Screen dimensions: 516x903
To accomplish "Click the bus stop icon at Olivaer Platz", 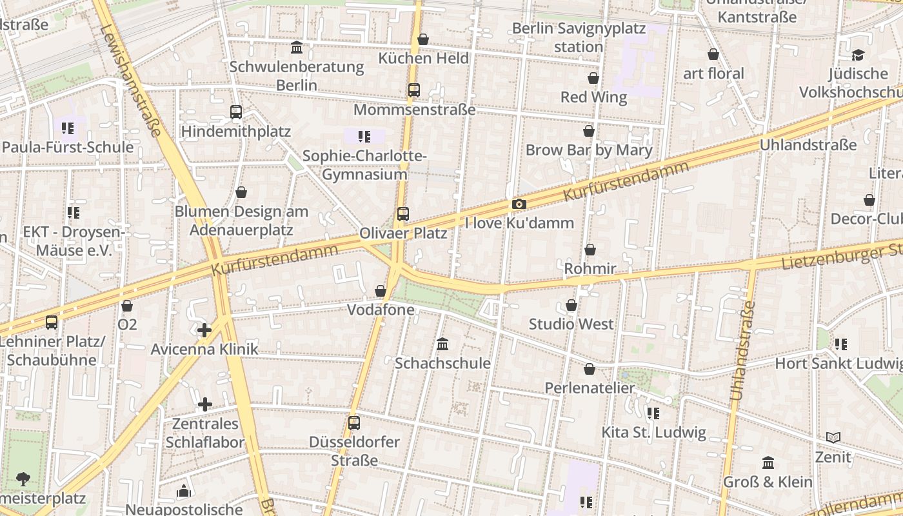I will click(403, 213).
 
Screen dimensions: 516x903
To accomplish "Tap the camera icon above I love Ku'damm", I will click(519, 204).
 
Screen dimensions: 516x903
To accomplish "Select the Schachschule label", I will click(442, 363).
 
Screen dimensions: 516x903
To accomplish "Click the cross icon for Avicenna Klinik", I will click(204, 331).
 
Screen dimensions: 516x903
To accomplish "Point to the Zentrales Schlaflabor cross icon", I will click(205, 404).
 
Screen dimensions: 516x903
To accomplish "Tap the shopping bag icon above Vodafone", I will click(381, 292).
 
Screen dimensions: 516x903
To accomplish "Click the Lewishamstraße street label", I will click(131, 81).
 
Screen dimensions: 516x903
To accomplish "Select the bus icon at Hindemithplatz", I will click(236, 112).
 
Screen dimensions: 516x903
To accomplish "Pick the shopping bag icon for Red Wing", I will click(593, 79).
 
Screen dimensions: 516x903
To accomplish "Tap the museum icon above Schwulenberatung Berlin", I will click(297, 47).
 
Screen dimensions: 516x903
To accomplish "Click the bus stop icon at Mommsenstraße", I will click(414, 90).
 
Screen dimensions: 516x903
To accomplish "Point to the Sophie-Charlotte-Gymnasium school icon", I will click(364, 136).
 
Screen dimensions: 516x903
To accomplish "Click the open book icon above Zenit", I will click(833, 438).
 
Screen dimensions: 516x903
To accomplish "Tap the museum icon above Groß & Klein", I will click(768, 462).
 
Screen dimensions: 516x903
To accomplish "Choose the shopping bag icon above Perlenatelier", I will click(590, 370).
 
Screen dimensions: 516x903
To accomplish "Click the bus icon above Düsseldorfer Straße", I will click(354, 423).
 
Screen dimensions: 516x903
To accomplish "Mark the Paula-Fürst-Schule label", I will click(68, 147).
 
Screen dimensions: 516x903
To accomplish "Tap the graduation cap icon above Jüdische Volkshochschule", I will click(857, 55).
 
